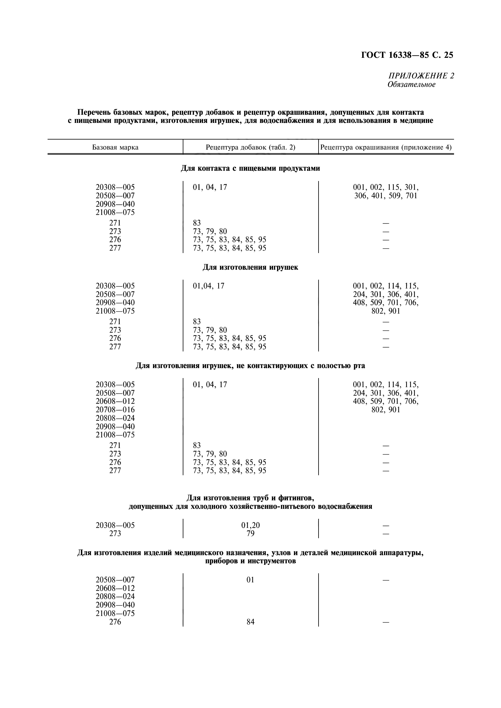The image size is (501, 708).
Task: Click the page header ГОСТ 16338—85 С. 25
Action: click(x=407, y=55)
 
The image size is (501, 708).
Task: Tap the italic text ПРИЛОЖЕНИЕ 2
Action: click(x=421, y=76)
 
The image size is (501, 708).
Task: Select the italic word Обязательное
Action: click(x=412, y=84)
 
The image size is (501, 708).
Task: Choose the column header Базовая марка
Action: click(x=115, y=147)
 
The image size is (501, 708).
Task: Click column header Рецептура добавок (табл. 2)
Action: click(x=250, y=147)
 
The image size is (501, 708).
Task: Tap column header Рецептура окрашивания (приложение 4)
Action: click(x=386, y=147)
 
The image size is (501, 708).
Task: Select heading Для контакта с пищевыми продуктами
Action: click(x=250, y=168)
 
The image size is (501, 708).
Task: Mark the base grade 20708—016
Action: click(x=115, y=410)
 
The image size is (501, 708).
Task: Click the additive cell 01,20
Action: click(x=250, y=525)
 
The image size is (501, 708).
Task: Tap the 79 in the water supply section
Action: click(x=250, y=534)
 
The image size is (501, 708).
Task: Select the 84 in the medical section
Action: click(x=250, y=622)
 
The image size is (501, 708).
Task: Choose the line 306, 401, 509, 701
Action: click(x=386, y=196)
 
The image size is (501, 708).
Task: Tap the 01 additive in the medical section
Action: click(x=250, y=580)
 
